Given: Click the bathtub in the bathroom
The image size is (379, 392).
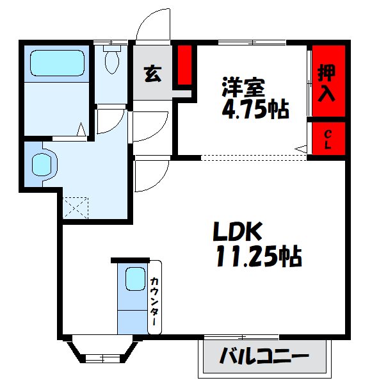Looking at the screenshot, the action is (x=57, y=63).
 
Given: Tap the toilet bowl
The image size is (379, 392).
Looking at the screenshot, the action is (x=112, y=61).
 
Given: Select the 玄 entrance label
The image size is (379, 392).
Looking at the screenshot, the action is (x=152, y=74).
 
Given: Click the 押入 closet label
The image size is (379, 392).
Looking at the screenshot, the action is (x=327, y=83).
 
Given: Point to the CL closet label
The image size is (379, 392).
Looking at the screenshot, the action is (x=328, y=140).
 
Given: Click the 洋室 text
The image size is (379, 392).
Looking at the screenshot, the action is (x=243, y=87).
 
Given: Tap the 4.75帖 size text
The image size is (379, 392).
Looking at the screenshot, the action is (x=255, y=110).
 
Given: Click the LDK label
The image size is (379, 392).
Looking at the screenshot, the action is (x=238, y=231).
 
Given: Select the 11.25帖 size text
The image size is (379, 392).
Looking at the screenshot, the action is (x=259, y=256).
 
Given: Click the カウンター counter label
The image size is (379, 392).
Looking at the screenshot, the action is (x=155, y=301).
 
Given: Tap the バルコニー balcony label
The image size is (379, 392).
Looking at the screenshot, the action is (x=264, y=355).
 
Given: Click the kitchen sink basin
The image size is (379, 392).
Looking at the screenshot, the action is (x=136, y=279).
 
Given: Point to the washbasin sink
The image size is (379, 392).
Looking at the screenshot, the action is (x=42, y=164).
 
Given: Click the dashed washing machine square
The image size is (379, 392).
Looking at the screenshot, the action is (x=75, y=208).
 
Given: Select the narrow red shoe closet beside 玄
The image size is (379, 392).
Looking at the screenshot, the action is (x=184, y=65).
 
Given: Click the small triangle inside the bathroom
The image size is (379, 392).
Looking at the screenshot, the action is (x=81, y=129).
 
